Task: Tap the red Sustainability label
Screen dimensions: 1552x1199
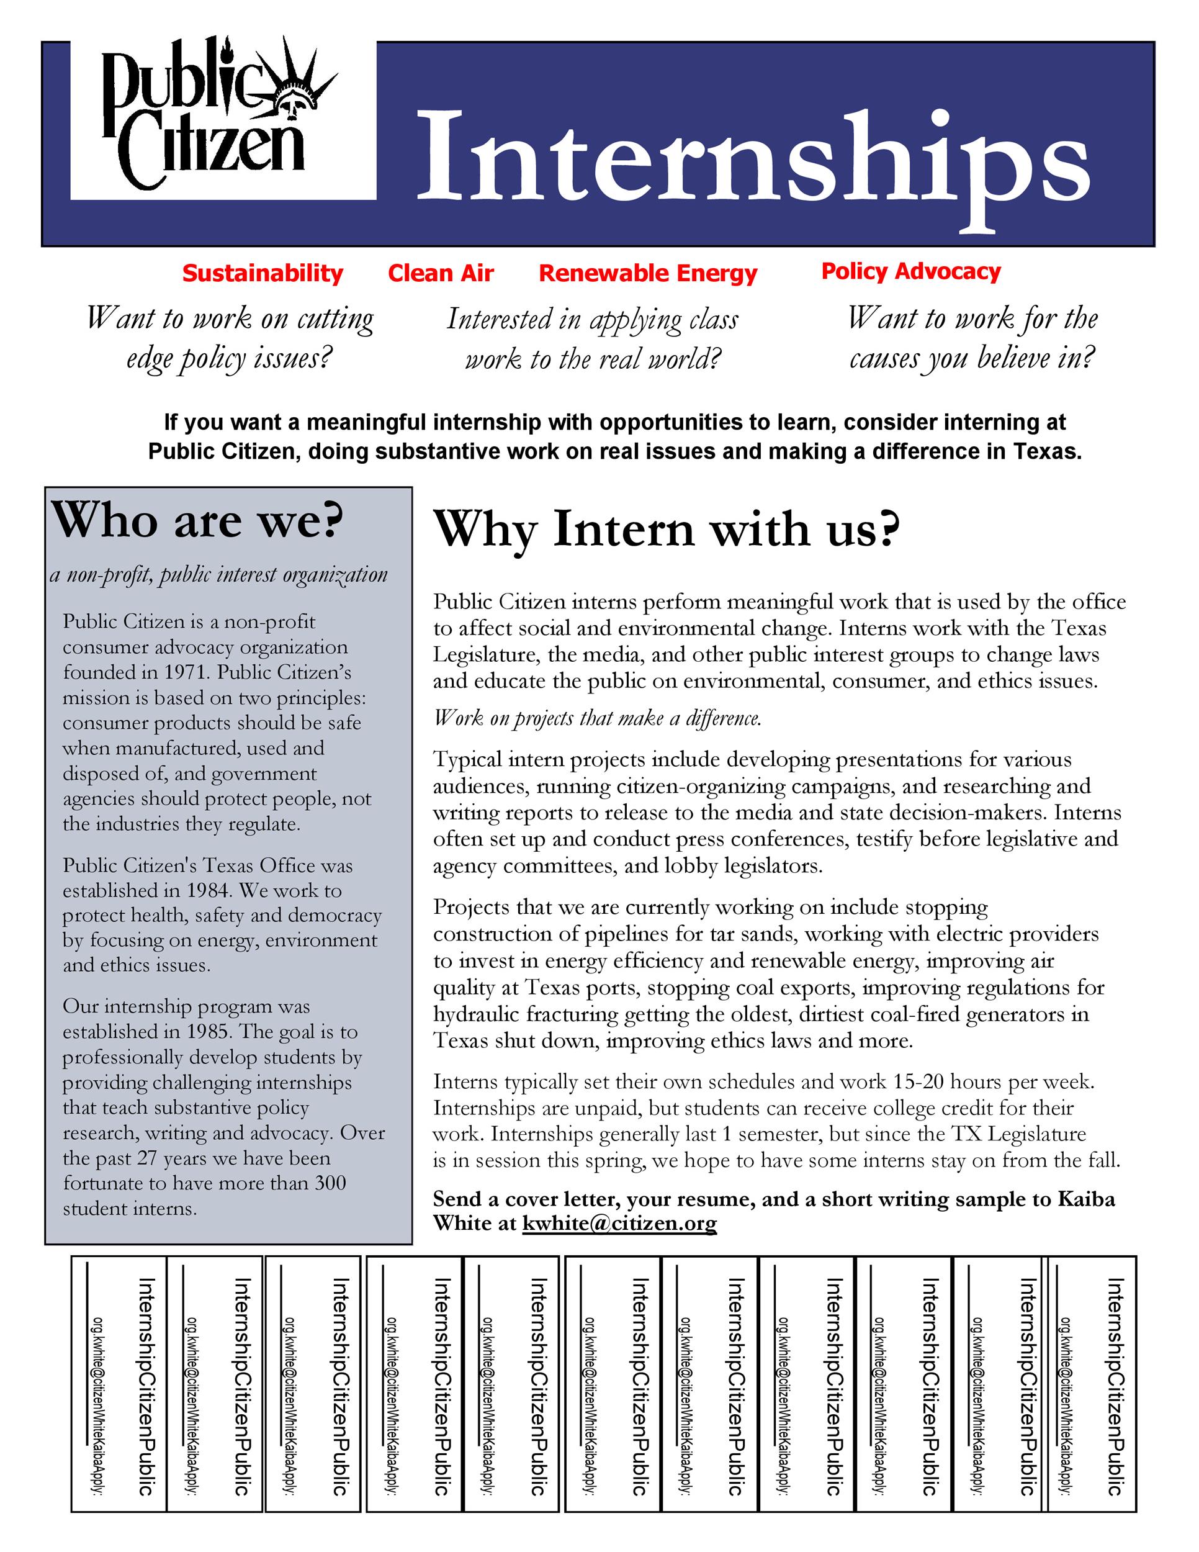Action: pos(262,273)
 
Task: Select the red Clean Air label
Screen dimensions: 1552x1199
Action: pos(441,273)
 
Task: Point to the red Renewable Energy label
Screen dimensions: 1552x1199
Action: pos(648,273)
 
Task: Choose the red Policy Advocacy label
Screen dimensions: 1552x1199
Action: pos(910,271)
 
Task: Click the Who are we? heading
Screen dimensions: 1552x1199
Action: pos(197,521)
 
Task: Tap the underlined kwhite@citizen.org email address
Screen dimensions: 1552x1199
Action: pos(619,1223)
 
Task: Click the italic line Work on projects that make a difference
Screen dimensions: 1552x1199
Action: pos(598,718)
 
